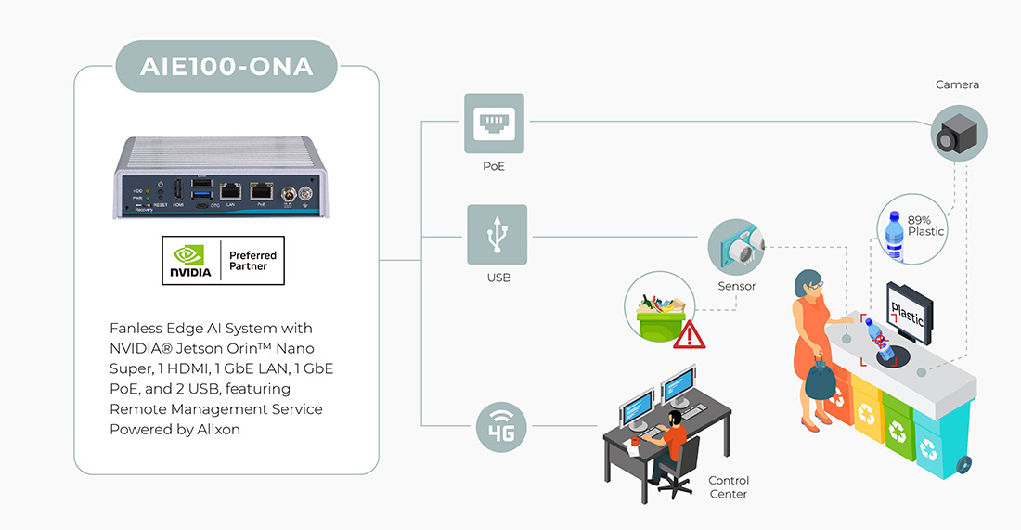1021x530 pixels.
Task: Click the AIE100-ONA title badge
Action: coord(226,66)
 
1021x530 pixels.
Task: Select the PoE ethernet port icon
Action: coord(494,123)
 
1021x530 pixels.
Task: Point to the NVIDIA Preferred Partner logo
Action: coord(223,261)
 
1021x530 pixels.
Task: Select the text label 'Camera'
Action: coord(957,84)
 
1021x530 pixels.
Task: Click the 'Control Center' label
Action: coord(728,486)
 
